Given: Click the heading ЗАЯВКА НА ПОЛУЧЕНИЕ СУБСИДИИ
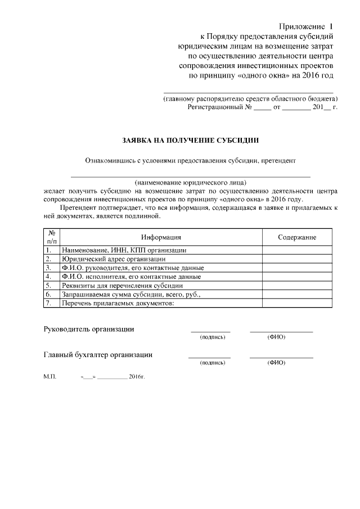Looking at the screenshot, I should [191, 139].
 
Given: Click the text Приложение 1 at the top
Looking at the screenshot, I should [307, 27].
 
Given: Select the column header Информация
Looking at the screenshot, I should [161, 237].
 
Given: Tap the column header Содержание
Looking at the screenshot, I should [296, 237].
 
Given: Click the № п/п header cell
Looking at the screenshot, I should [51, 237].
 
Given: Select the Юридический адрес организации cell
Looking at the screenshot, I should [114, 259].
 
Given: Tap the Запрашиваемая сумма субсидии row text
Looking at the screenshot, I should [131, 294].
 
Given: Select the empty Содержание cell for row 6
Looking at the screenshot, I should [296, 294].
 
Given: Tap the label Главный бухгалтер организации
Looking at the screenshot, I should [98, 355].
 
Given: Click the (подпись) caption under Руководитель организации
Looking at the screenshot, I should [213, 337].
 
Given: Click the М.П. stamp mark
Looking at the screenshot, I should [49, 376].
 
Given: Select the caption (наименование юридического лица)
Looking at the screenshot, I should [191, 183].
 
